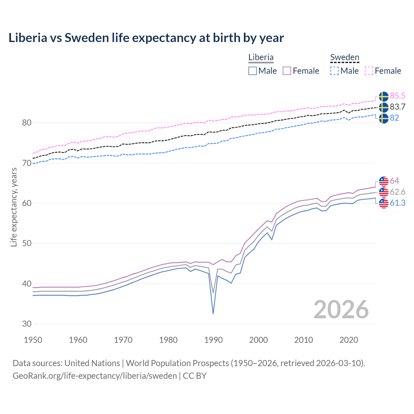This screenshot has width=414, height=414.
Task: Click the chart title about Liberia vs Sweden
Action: click(x=146, y=38)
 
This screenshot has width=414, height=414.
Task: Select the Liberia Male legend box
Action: click(x=253, y=71)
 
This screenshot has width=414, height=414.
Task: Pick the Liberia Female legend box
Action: click(x=287, y=71)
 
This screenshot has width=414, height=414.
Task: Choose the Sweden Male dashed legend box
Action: click(x=334, y=71)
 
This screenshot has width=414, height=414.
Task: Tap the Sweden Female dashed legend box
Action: click(x=369, y=71)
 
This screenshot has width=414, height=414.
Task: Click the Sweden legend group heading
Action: click(x=344, y=57)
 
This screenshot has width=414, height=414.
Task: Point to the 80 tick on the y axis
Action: click(x=27, y=123)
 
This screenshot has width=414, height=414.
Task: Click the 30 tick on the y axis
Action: click(x=27, y=324)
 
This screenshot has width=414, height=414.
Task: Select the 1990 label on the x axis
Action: click(x=213, y=340)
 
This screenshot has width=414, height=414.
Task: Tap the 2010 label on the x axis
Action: click(x=303, y=340)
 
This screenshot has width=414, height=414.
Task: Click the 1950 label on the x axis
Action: click(x=33, y=340)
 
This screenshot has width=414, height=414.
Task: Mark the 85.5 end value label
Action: click(x=398, y=96)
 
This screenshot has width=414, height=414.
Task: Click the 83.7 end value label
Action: click(x=398, y=107)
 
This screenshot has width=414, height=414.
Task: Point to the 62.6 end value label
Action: click(x=398, y=192)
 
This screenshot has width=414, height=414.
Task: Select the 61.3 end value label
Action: click(x=398, y=203)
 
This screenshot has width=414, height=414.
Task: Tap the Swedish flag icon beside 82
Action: click(x=384, y=118)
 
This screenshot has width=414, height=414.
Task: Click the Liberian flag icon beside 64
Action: click(x=384, y=181)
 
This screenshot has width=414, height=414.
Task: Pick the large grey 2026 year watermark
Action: click(x=341, y=310)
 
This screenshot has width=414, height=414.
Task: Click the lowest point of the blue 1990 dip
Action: click(x=213, y=314)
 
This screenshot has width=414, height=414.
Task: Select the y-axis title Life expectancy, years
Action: click(x=14, y=207)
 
